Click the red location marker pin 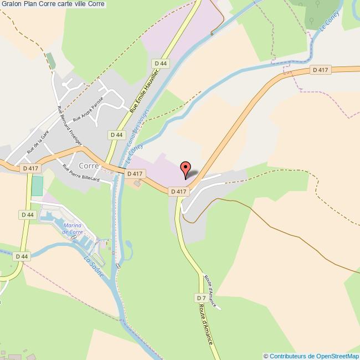pyautogui.click(x=186, y=168)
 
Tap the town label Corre pyautogui.click(x=89, y=166)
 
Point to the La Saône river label pyautogui.click(x=94, y=266)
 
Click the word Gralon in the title pyautogui.click(x=11, y=4)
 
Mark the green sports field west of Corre pyautogui.click(x=37, y=186)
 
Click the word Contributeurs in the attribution pyautogui.click(x=288, y=356)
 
